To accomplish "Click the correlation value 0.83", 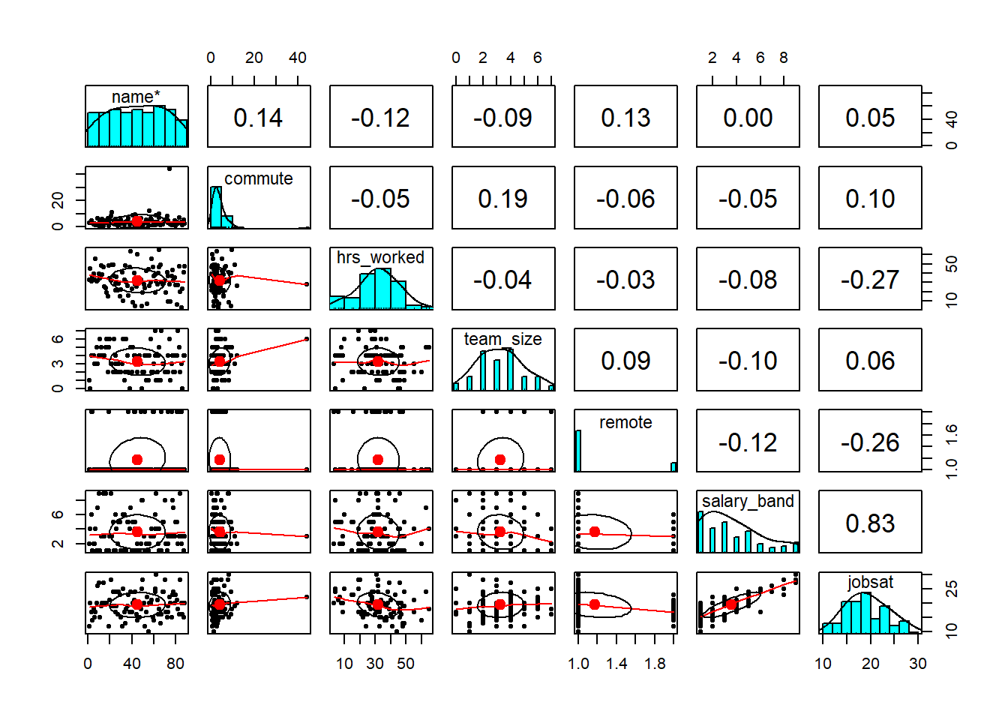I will click(x=870, y=523).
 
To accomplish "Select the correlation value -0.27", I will click(x=870, y=280).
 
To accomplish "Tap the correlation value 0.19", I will click(x=502, y=199).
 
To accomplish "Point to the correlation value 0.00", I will click(x=748, y=118).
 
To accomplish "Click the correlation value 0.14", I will click(x=258, y=118).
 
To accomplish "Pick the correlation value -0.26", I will click(x=870, y=442).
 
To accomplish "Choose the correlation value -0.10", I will click(x=748, y=361).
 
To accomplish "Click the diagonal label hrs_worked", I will click(x=380, y=257).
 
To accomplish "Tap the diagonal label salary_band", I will click(x=748, y=501).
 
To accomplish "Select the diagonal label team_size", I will click(x=502, y=339).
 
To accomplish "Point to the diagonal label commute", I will click(x=258, y=178).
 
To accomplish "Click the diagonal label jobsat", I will click(x=870, y=582).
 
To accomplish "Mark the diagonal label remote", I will click(x=625, y=422).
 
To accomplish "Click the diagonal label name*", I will click(x=136, y=97).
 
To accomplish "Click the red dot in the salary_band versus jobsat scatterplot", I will click(x=731, y=604).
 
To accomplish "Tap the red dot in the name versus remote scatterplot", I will click(x=137, y=460).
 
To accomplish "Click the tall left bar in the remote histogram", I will click(x=578, y=451).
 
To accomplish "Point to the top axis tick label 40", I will click(x=298, y=58).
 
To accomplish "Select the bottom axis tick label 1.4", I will click(x=616, y=664).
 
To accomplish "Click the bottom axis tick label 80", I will click(x=175, y=664).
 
